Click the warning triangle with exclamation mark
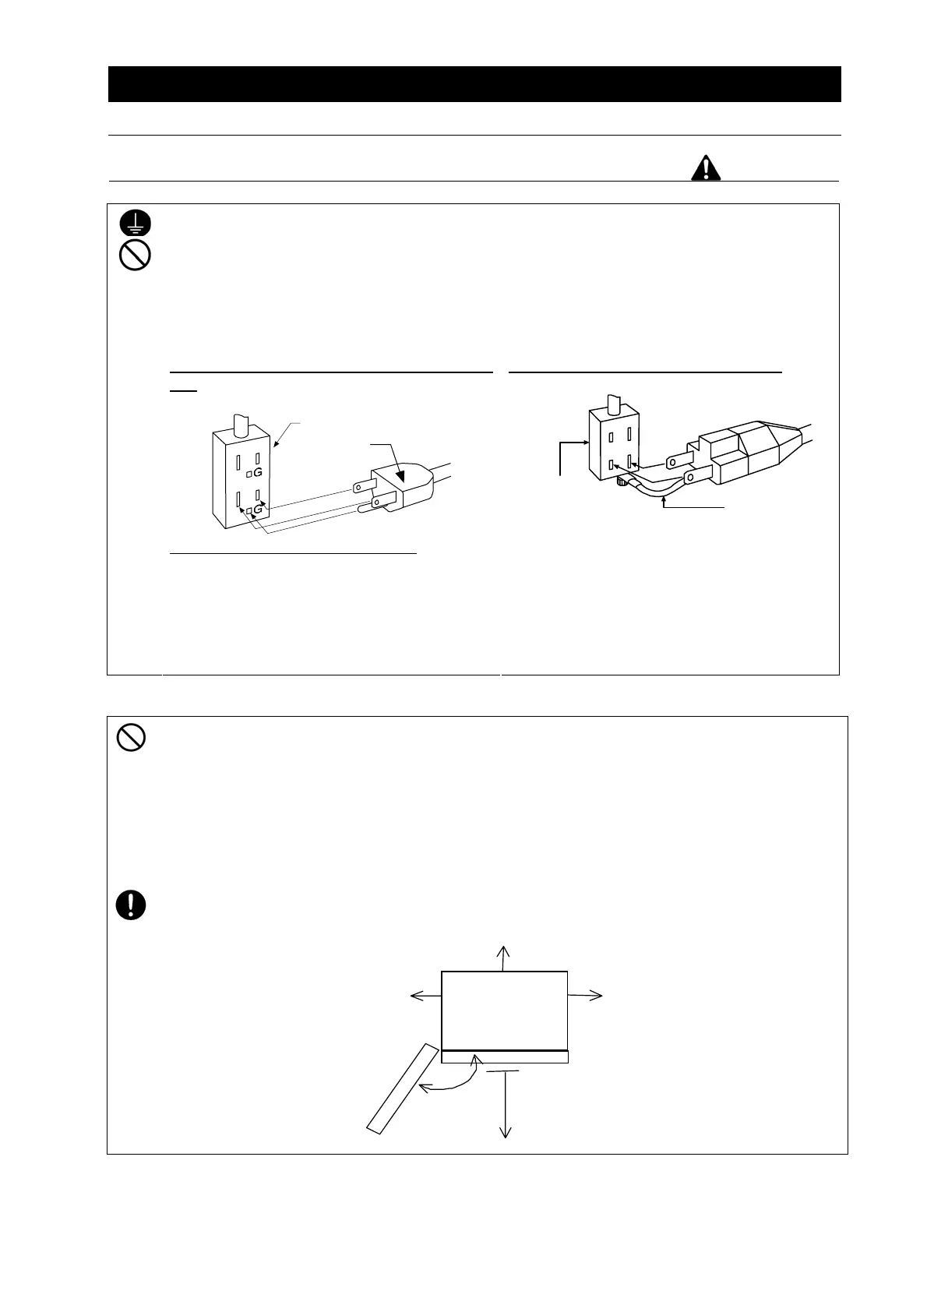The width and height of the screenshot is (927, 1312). pos(706,168)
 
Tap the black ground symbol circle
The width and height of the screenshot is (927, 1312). pos(135,224)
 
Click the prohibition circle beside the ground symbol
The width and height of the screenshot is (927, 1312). pos(135,256)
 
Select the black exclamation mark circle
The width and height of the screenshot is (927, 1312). pos(132,905)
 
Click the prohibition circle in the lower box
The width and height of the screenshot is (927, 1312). pos(132,737)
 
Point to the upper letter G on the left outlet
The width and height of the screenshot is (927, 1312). pos(257,473)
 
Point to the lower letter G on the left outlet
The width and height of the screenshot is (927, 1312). pos(257,510)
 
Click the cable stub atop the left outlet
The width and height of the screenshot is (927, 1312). pos(241,425)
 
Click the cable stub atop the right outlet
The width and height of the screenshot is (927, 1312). pos(612,405)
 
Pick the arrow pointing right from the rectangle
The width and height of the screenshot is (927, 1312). pos(585,995)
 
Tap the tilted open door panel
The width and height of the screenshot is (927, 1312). pos(401,1088)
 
